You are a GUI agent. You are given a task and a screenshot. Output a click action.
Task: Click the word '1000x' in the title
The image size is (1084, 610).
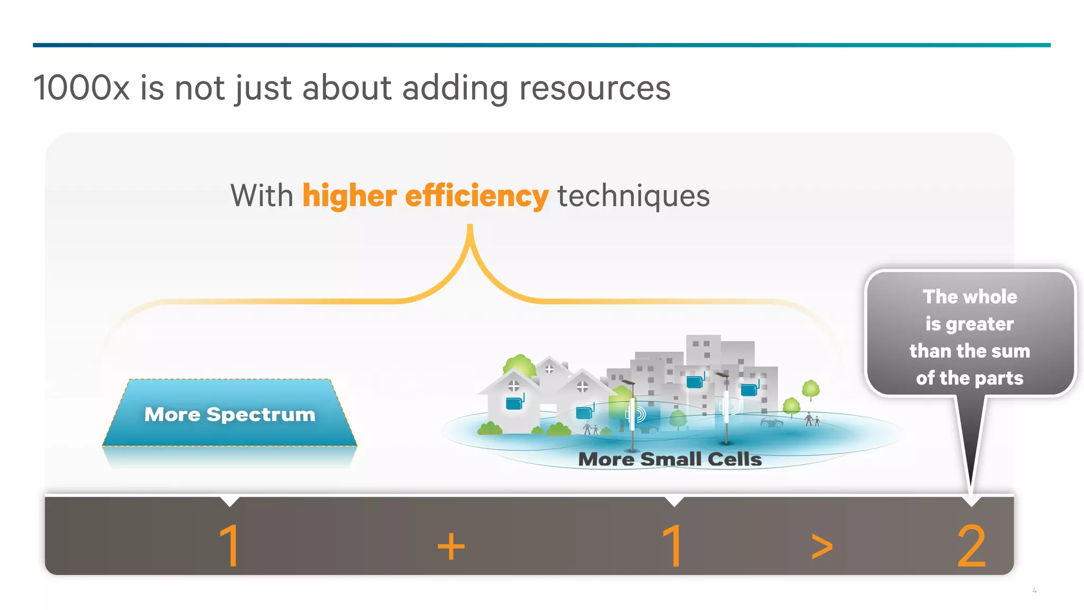(x=81, y=88)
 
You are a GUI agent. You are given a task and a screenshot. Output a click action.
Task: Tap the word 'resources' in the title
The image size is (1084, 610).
(x=594, y=88)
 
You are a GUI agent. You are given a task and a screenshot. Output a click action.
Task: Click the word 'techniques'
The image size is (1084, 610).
(x=633, y=196)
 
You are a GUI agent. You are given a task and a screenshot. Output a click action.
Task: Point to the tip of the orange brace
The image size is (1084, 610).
(x=469, y=226)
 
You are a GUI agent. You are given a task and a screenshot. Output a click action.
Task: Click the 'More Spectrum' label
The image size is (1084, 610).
(x=230, y=414)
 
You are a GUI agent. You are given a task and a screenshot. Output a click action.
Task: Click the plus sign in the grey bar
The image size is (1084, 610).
(x=451, y=547)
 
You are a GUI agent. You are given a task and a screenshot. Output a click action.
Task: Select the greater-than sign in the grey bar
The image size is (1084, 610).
(x=822, y=547)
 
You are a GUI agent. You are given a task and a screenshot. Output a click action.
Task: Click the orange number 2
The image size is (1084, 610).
(x=972, y=547)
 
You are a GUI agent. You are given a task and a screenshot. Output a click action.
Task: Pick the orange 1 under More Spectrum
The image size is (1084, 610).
(x=230, y=547)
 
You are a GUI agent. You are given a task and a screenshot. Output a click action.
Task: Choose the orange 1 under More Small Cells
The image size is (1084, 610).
(x=673, y=547)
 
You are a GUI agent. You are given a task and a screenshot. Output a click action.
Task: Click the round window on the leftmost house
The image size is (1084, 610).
(x=513, y=386)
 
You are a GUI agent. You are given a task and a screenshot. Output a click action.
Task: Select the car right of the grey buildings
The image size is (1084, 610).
(x=771, y=422)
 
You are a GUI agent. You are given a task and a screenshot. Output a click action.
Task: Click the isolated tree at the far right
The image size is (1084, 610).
(x=810, y=390)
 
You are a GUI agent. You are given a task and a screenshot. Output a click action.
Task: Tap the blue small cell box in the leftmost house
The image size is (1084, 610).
(x=514, y=404)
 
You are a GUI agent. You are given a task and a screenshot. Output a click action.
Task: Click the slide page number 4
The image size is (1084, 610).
(x=1034, y=590)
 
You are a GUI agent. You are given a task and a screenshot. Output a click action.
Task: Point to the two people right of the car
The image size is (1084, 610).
(x=812, y=420)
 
